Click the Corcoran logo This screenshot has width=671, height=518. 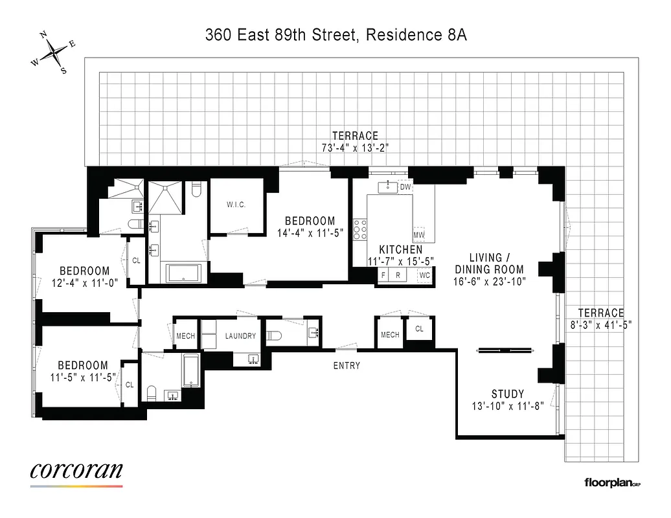[76, 471]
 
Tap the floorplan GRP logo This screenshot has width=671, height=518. [612, 482]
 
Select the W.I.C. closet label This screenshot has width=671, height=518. [236, 205]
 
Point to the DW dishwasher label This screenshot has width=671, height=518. [405, 187]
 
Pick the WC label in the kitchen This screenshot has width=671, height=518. [424, 275]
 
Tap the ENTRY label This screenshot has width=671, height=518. [347, 366]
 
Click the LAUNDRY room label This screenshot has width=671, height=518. [241, 336]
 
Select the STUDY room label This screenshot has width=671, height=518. [508, 394]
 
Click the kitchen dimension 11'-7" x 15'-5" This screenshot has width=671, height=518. [401, 262]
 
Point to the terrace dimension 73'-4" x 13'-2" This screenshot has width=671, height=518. [355, 148]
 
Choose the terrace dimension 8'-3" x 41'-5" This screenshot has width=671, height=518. [601, 324]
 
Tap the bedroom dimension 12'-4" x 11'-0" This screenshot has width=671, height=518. [84, 282]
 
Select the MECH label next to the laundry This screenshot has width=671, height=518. [186, 336]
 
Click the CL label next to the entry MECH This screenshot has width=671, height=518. [419, 329]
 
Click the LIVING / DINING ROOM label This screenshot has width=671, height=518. [488, 264]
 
